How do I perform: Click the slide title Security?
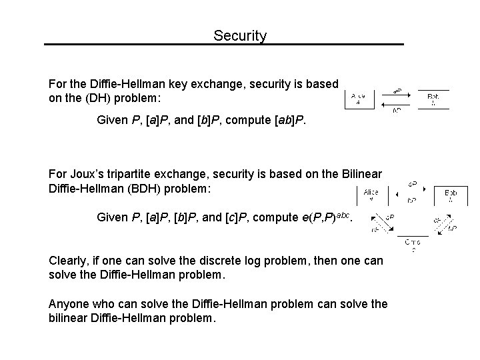(240, 35)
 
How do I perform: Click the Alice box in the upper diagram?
(358, 99)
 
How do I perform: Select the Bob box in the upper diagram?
(433, 99)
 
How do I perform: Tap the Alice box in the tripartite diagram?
(371, 195)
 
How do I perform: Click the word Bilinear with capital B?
(361, 174)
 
